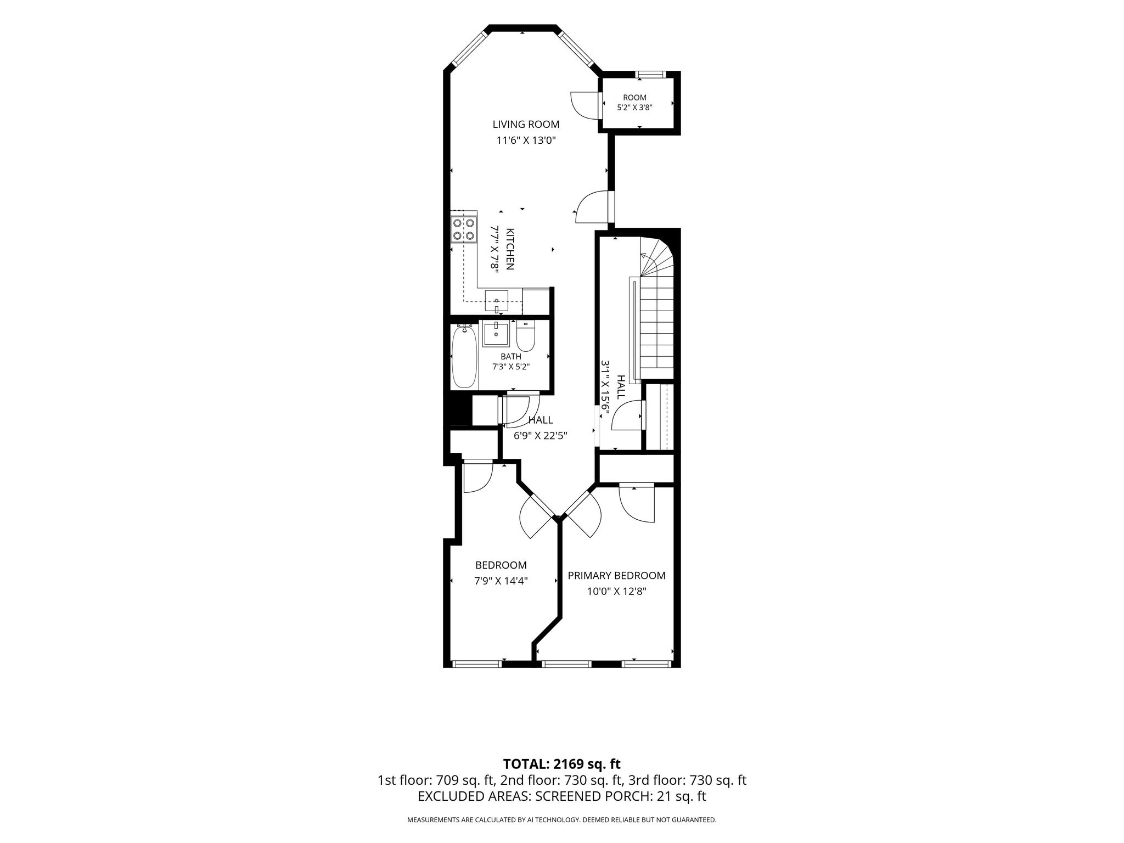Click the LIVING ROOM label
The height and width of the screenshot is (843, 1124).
click(x=526, y=125)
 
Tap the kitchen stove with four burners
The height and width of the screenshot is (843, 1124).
click(x=463, y=229)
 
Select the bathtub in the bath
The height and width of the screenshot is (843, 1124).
click(x=463, y=356)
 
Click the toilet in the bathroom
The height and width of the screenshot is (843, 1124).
click(x=526, y=335)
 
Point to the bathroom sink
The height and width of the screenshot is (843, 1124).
click(x=496, y=334)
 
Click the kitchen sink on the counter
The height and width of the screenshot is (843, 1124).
click(x=496, y=301)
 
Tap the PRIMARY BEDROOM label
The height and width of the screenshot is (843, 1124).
click(x=616, y=576)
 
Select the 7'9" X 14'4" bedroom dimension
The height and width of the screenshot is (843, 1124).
click(x=501, y=581)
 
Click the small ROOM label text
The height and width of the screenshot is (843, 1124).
click(x=634, y=98)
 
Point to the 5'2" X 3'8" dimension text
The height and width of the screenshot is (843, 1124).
click(x=634, y=108)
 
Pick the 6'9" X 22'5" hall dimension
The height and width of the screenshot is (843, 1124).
click(x=540, y=436)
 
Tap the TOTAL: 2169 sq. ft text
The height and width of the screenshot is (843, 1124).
click(x=561, y=764)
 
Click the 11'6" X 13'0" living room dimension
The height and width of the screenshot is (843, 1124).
click(x=526, y=140)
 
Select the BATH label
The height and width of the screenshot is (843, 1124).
click(x=511, y=357)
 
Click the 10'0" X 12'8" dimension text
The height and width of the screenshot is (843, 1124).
click(x=616, y=592)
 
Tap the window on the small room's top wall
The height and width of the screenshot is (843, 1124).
click(x=650, y=74)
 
